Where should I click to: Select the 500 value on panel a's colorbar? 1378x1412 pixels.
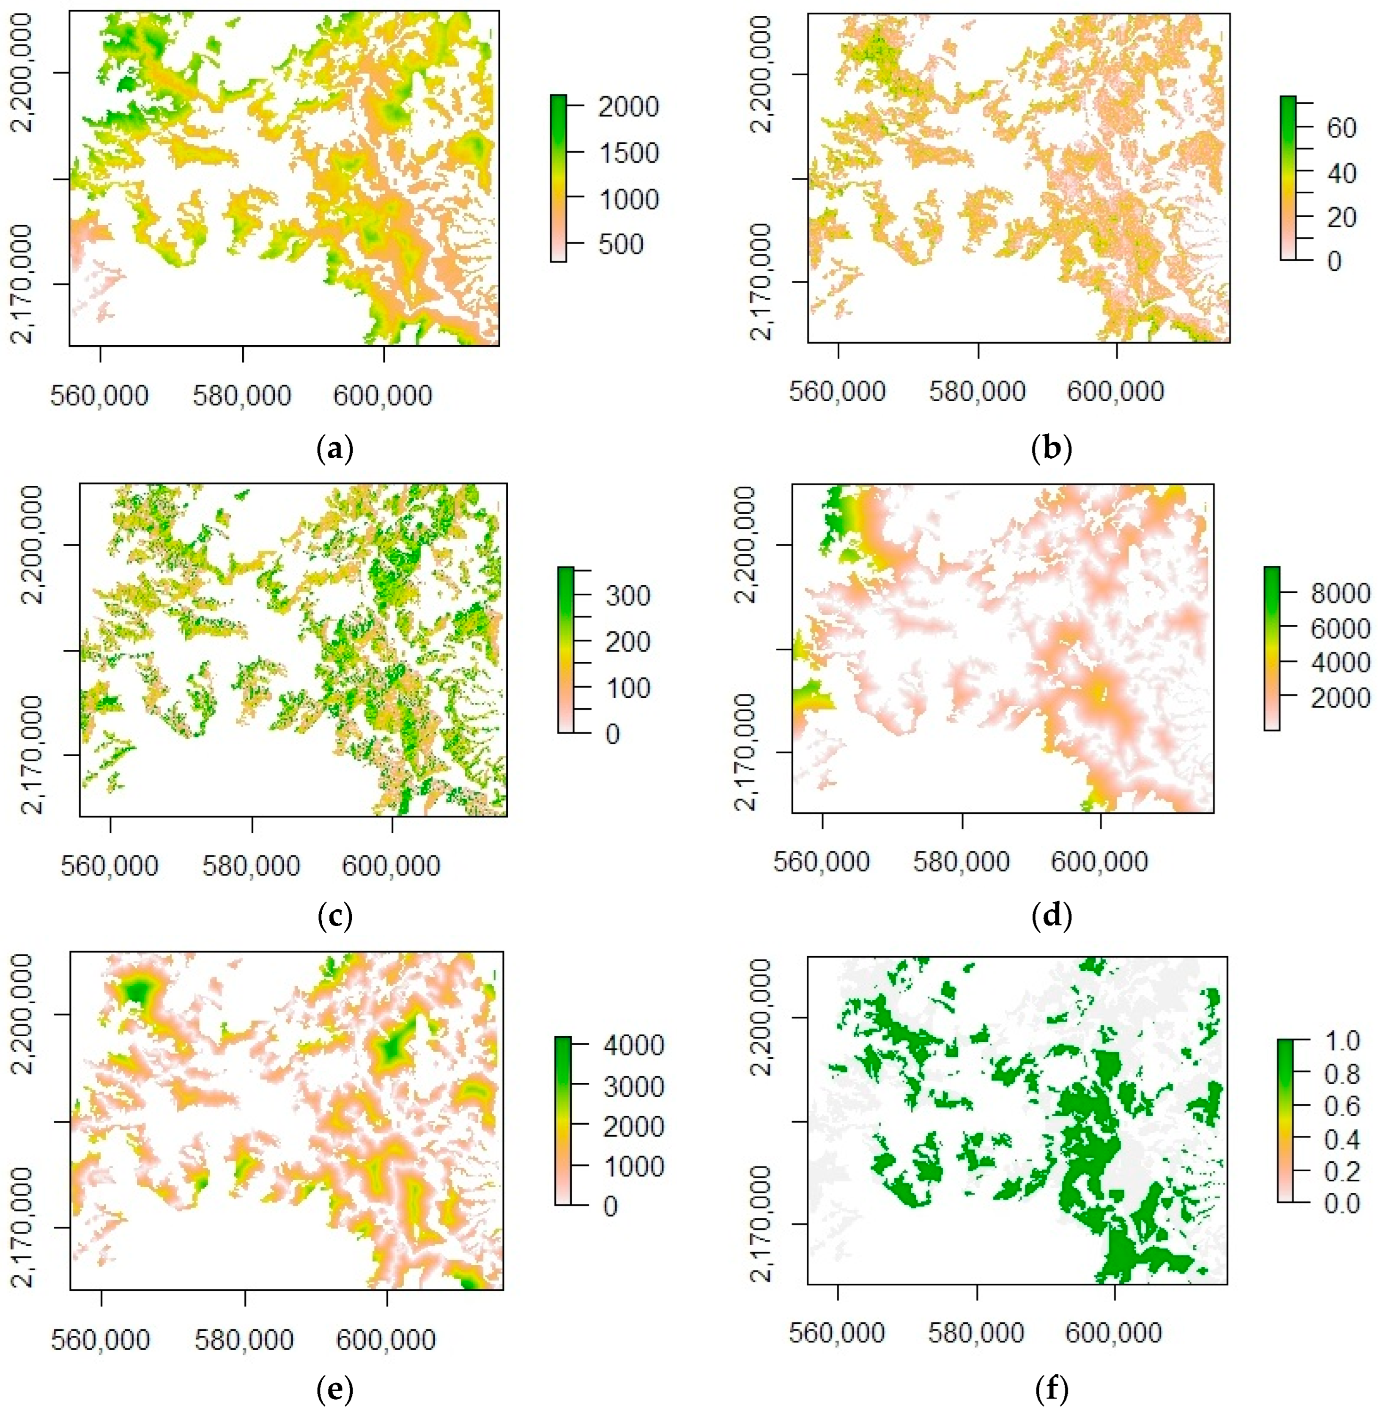point(616,244)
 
